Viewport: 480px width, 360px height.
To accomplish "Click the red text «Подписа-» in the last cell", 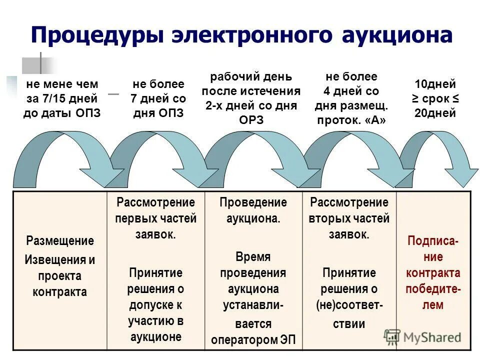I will coord(432,241).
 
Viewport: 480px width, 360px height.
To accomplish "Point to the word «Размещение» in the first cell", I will coord(60,241).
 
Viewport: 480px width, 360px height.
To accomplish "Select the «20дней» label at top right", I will coord(435,113).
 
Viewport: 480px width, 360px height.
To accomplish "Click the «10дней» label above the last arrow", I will coord(435,84).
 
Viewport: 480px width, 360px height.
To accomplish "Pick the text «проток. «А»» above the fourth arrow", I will coord(351,120).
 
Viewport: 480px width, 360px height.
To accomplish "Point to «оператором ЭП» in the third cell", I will coord(253,340).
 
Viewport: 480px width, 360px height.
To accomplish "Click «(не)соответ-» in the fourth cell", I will coord(349,305).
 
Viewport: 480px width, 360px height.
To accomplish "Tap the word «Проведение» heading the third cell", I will coord(253,202).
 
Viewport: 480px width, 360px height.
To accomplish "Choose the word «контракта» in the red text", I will coord(433,273).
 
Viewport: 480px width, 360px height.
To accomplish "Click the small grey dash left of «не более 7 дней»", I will coord(114,94).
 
